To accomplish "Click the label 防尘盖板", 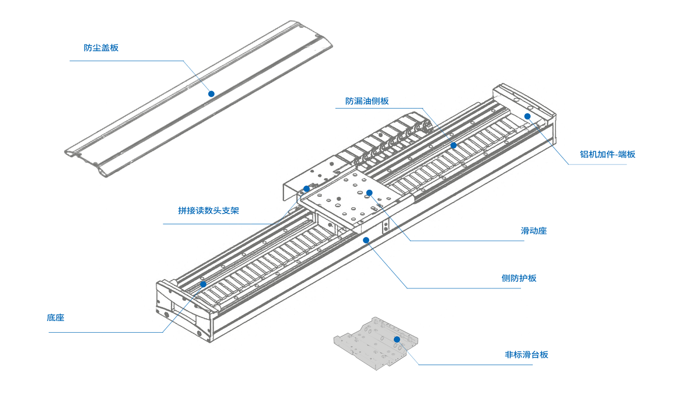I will pyautogui.click(x=101, y=48).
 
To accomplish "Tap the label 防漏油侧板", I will pyautogui.click(x=367, y=101).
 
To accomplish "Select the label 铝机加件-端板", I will pyautogui.click(x=607, y=155).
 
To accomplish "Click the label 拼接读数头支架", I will pyautogui.click(x=208, y=211).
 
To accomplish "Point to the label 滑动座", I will pyautogui.click(x=534, y=231).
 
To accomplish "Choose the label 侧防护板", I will pyautogui.click(x=519, y=278).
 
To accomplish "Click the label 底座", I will pyautogui.click(x=55, y=318).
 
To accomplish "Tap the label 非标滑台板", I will pyautogui.click(x=526, y=355).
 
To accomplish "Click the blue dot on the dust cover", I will pyautogui.click(x=212, y=93).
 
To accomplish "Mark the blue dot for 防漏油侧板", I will pyautogui.click(x=453, y=145).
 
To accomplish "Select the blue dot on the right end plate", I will pyautogui.click(x=527, y=116).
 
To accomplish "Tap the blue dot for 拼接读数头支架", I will pyautogui.click(x=306, y=189).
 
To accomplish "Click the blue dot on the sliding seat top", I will pyautogui.click(x=369, y=193).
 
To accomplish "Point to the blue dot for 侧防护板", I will pyautogui.click(x=366, y=240).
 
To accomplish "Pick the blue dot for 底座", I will pyautogui.click(x=203, y=284).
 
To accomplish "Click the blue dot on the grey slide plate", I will pyautogui.click(x=397, y=339).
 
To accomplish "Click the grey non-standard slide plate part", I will pyautogui.click(x=373, y=347).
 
